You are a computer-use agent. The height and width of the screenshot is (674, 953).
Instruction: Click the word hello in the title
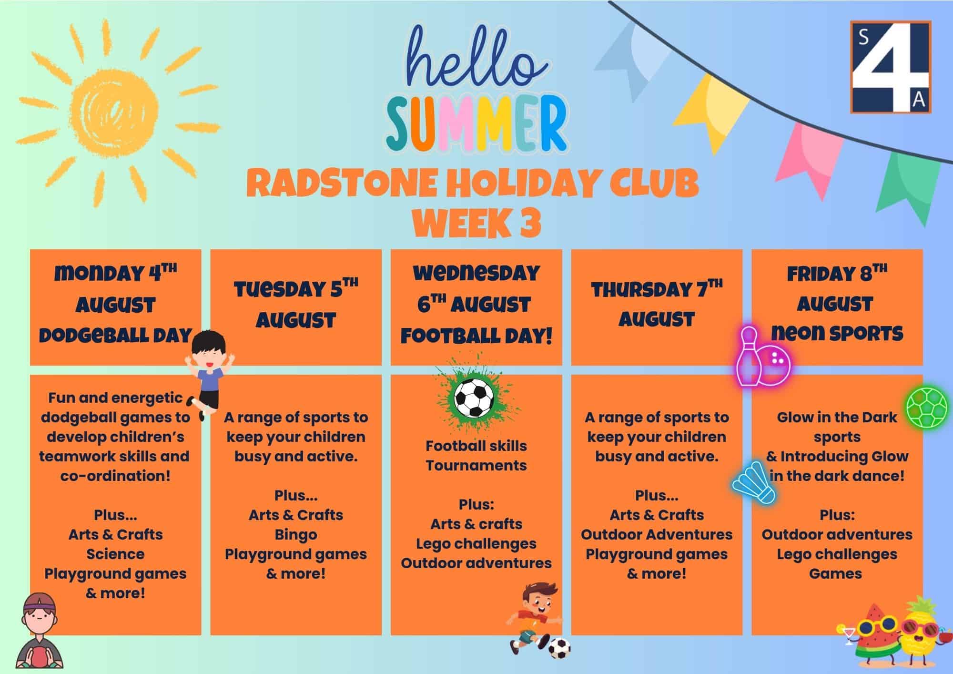click(x=475, y=62)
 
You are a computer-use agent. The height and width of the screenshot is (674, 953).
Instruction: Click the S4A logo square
click(x=891, y=67)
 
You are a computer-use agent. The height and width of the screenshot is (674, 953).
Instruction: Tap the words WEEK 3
click(x=476, y=223)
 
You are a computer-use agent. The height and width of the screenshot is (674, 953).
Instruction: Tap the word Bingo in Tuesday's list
click(x=296, y=535)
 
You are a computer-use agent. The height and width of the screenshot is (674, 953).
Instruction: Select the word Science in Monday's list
click(x=115, y=554)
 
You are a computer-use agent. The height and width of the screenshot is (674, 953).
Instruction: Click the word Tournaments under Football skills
click(x=476, y=465)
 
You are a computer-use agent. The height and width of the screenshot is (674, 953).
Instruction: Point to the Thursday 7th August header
click(x=657, y=304)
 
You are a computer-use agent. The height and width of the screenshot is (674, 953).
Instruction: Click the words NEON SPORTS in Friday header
click(x=837, y=333)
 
